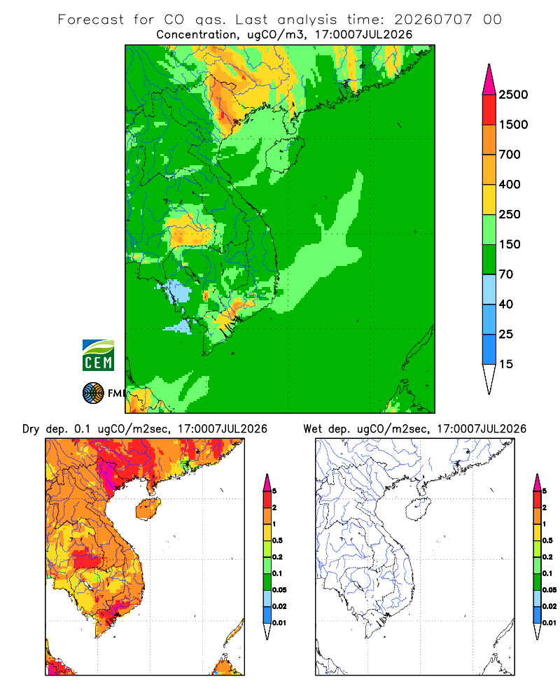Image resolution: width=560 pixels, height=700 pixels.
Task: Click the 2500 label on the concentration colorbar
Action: pyautogui.click(x=513, y=94)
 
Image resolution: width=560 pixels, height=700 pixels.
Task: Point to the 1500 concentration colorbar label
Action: pyautogui.click(x=513, y=125)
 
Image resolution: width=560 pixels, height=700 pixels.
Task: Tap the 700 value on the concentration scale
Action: pyautogui.click(x=510, y=155)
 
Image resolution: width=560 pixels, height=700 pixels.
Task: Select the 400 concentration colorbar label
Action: pyautogui.click(x=510, y=184)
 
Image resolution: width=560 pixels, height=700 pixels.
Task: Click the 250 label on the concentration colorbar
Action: pyautogui.click(x=510, y=214)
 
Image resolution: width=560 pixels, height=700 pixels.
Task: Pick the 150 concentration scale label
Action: pyautogui.click(x=510, y=244)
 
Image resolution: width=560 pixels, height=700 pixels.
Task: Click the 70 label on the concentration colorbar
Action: pyautogui.click(x=506, y=274)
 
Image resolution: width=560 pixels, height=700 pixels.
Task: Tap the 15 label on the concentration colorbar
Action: pyautogui.click(x=506, y=364)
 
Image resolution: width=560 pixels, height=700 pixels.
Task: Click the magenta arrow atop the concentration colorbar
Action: pyautogui.click(x=489, y=80)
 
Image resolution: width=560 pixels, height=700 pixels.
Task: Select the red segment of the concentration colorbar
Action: pyautogui.click(x=489, y=110)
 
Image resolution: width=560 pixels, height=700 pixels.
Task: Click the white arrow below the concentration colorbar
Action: pyautogui.click(x=489, y=379)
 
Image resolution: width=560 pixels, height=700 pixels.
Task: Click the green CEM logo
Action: pyautogui.click(x=98, y=356)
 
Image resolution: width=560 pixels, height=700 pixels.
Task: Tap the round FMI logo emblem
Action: pyautogui.click(x=93, y=393)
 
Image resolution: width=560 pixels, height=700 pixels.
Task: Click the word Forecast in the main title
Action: pyautogui.click(x=91, y=20)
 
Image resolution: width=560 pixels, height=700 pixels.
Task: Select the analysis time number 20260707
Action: pyautogui.click(x=433, y=20)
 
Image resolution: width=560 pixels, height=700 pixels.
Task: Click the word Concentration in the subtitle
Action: pyautogui.click(x=197, y=35)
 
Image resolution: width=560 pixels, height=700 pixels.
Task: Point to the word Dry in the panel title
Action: pyautogui.click(x=31, y=430)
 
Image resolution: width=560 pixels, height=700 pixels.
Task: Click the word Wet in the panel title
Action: pyautogui.click(x=312, y=429)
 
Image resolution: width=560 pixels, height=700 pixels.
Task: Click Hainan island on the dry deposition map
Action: pyautogui.click(x=148, y=509)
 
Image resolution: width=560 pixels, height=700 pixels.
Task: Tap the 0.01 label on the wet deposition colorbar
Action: pyautogui.click(x=549, y=623)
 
